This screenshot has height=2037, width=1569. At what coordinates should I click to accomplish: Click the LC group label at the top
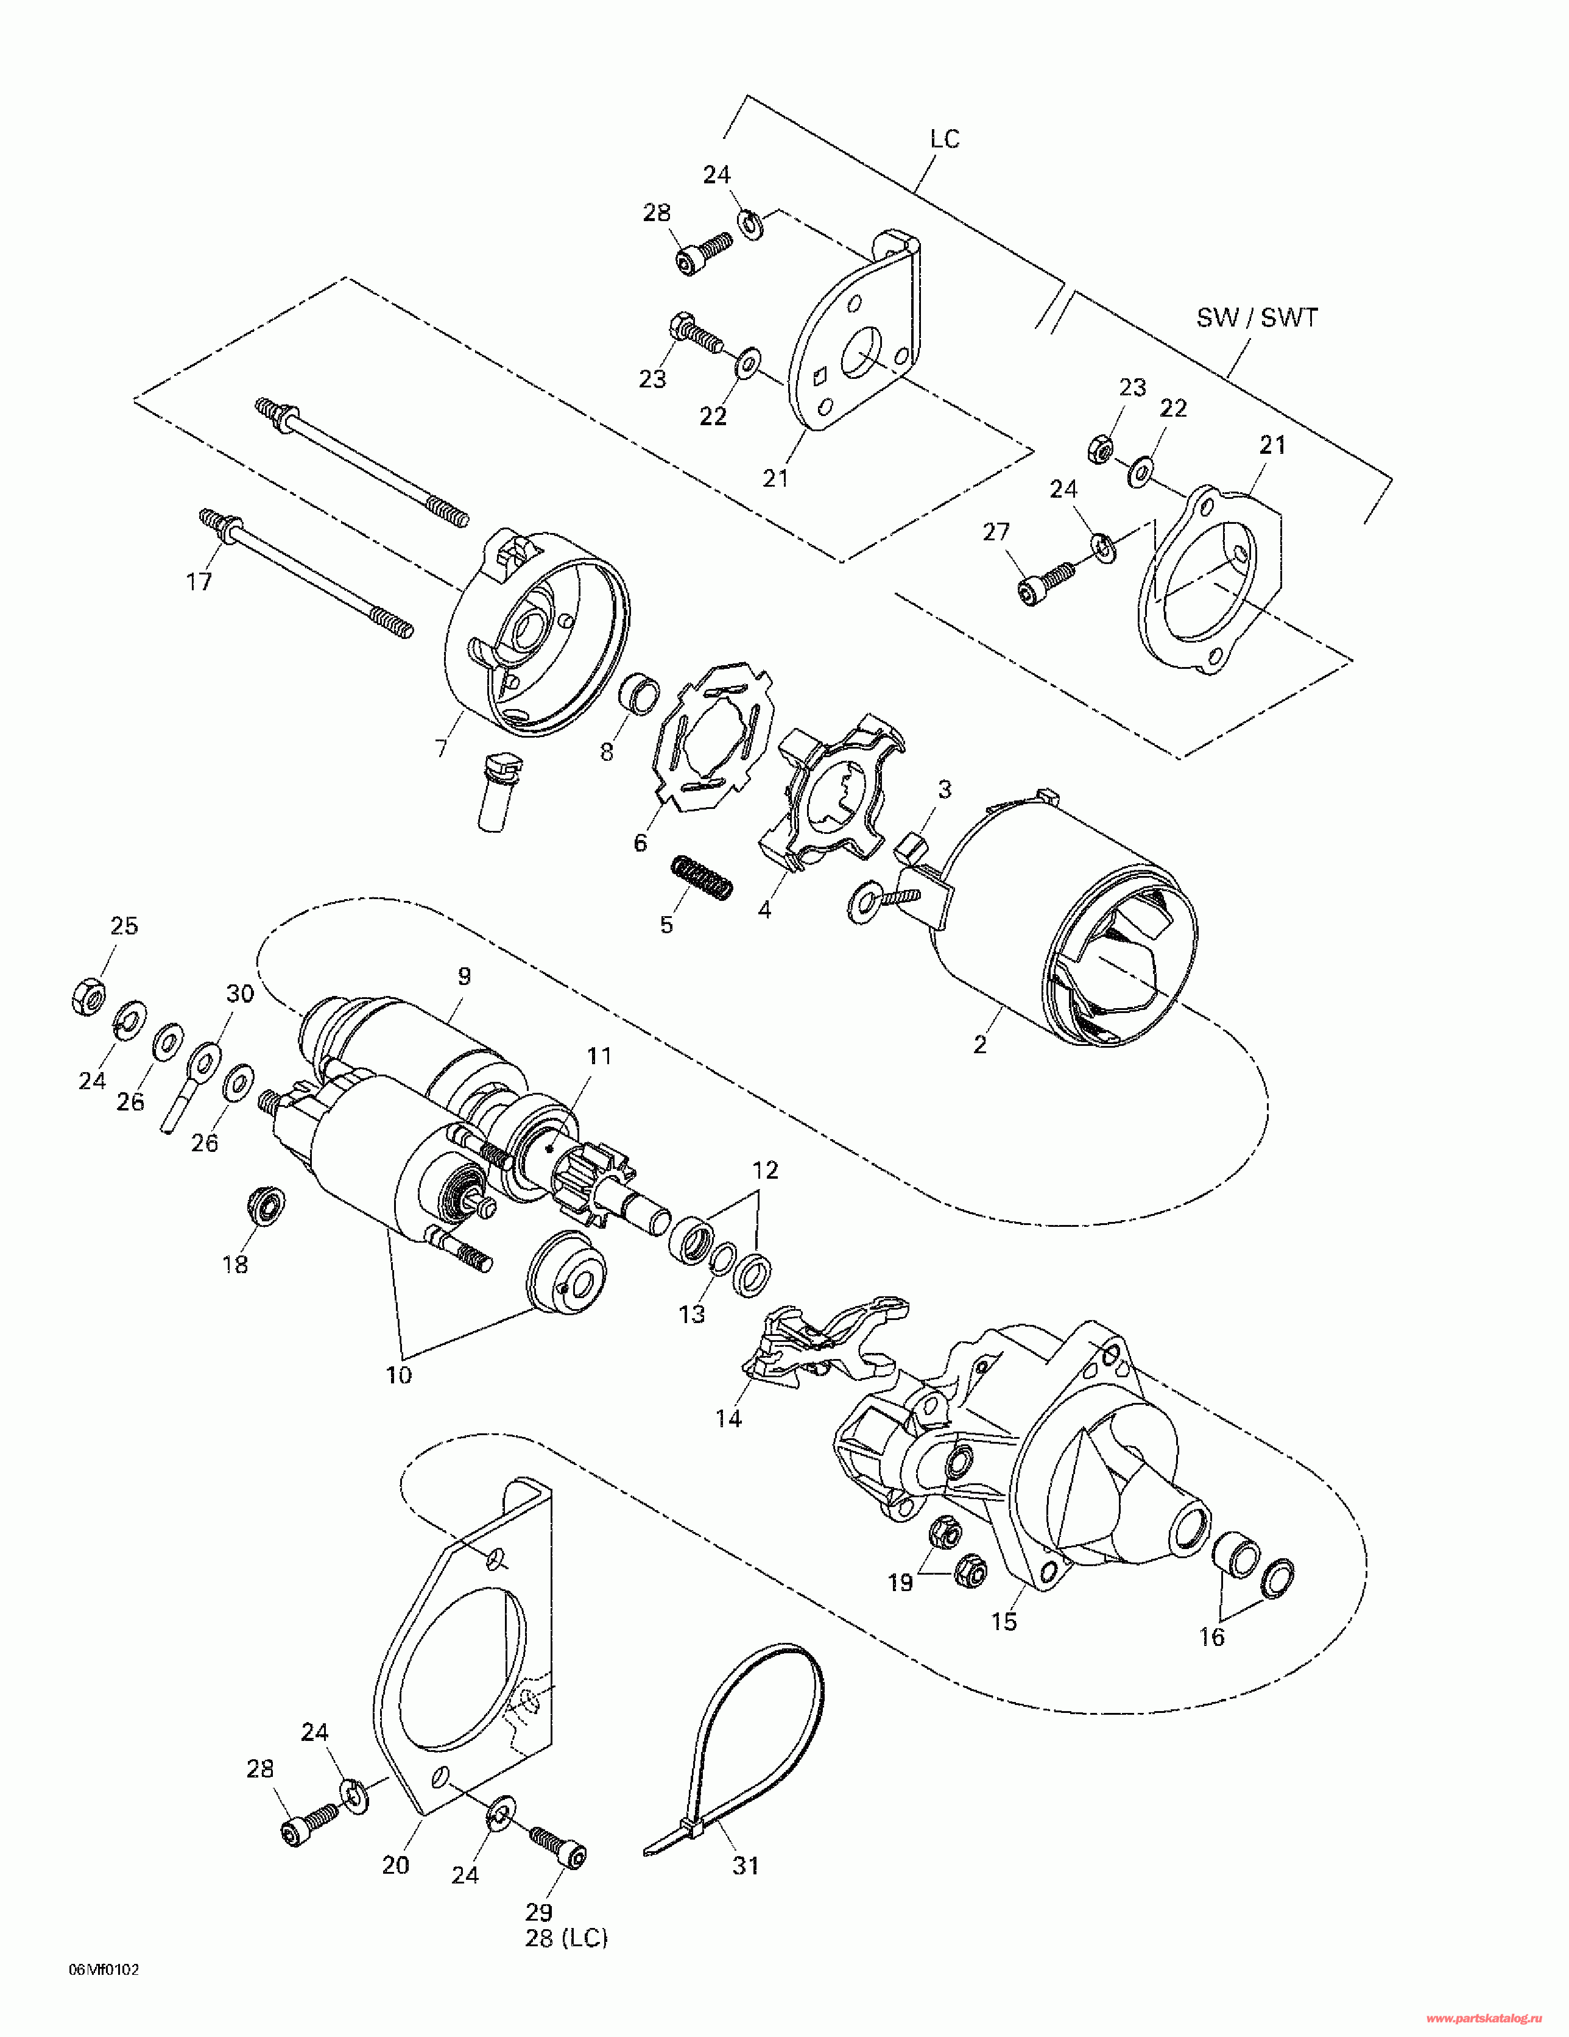pos(945,139)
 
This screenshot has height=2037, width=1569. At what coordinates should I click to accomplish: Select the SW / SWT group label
pos(1257,318)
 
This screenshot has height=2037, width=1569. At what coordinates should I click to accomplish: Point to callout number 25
pos(124,925)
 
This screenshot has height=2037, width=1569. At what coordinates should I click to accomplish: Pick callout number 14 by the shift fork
pos(728,1419)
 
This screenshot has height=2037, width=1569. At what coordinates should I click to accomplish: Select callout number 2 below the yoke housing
pos(979,1045)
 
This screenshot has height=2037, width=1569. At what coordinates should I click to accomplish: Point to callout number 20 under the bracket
pos(395,1865)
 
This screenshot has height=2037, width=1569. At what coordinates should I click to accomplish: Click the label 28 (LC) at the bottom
pos(566,1938)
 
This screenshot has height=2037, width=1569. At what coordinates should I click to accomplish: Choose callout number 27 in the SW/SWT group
pos(996,532)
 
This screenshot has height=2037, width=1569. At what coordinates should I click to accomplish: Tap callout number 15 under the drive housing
pos(1004,1622)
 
